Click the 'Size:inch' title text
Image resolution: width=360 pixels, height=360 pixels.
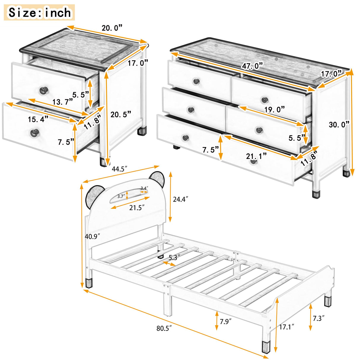[x=39, y=12]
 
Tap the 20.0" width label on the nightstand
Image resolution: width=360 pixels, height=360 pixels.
[x=112, y=28]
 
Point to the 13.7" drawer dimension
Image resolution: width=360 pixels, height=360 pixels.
[x=63, y=102]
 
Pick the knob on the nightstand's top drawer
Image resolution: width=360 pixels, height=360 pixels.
[x=44, y=90]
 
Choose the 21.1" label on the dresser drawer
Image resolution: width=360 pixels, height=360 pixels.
[x=256, y=156]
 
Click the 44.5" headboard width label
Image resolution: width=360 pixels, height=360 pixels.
[x=120, y=169]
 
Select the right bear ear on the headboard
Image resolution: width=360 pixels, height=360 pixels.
[x=157, y=179]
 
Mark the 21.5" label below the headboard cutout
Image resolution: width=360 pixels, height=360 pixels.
[x=137, y=208]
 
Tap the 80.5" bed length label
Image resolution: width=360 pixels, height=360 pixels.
[x=165, y=328]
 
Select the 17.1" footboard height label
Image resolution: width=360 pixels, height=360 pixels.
[x=286, y=326]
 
